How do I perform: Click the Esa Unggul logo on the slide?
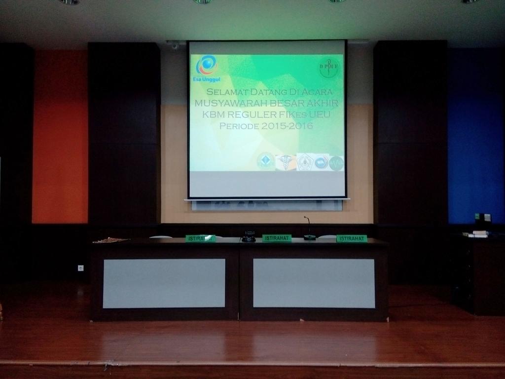tap(207, 67)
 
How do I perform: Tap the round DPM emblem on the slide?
tap(329, 68)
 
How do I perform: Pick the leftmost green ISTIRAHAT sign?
tap(200, 238)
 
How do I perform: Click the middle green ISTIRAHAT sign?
tap(277, 238)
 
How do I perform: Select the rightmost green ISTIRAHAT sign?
tap(352, 239)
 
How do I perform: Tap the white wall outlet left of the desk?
tap(80, 268)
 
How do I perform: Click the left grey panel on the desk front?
tap(164, 283)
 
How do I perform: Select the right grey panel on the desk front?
tap(314, 283)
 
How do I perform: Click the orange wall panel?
tap(60, 138)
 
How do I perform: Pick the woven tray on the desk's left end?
tap(110, 240)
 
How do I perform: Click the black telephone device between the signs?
tap(249, 236)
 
